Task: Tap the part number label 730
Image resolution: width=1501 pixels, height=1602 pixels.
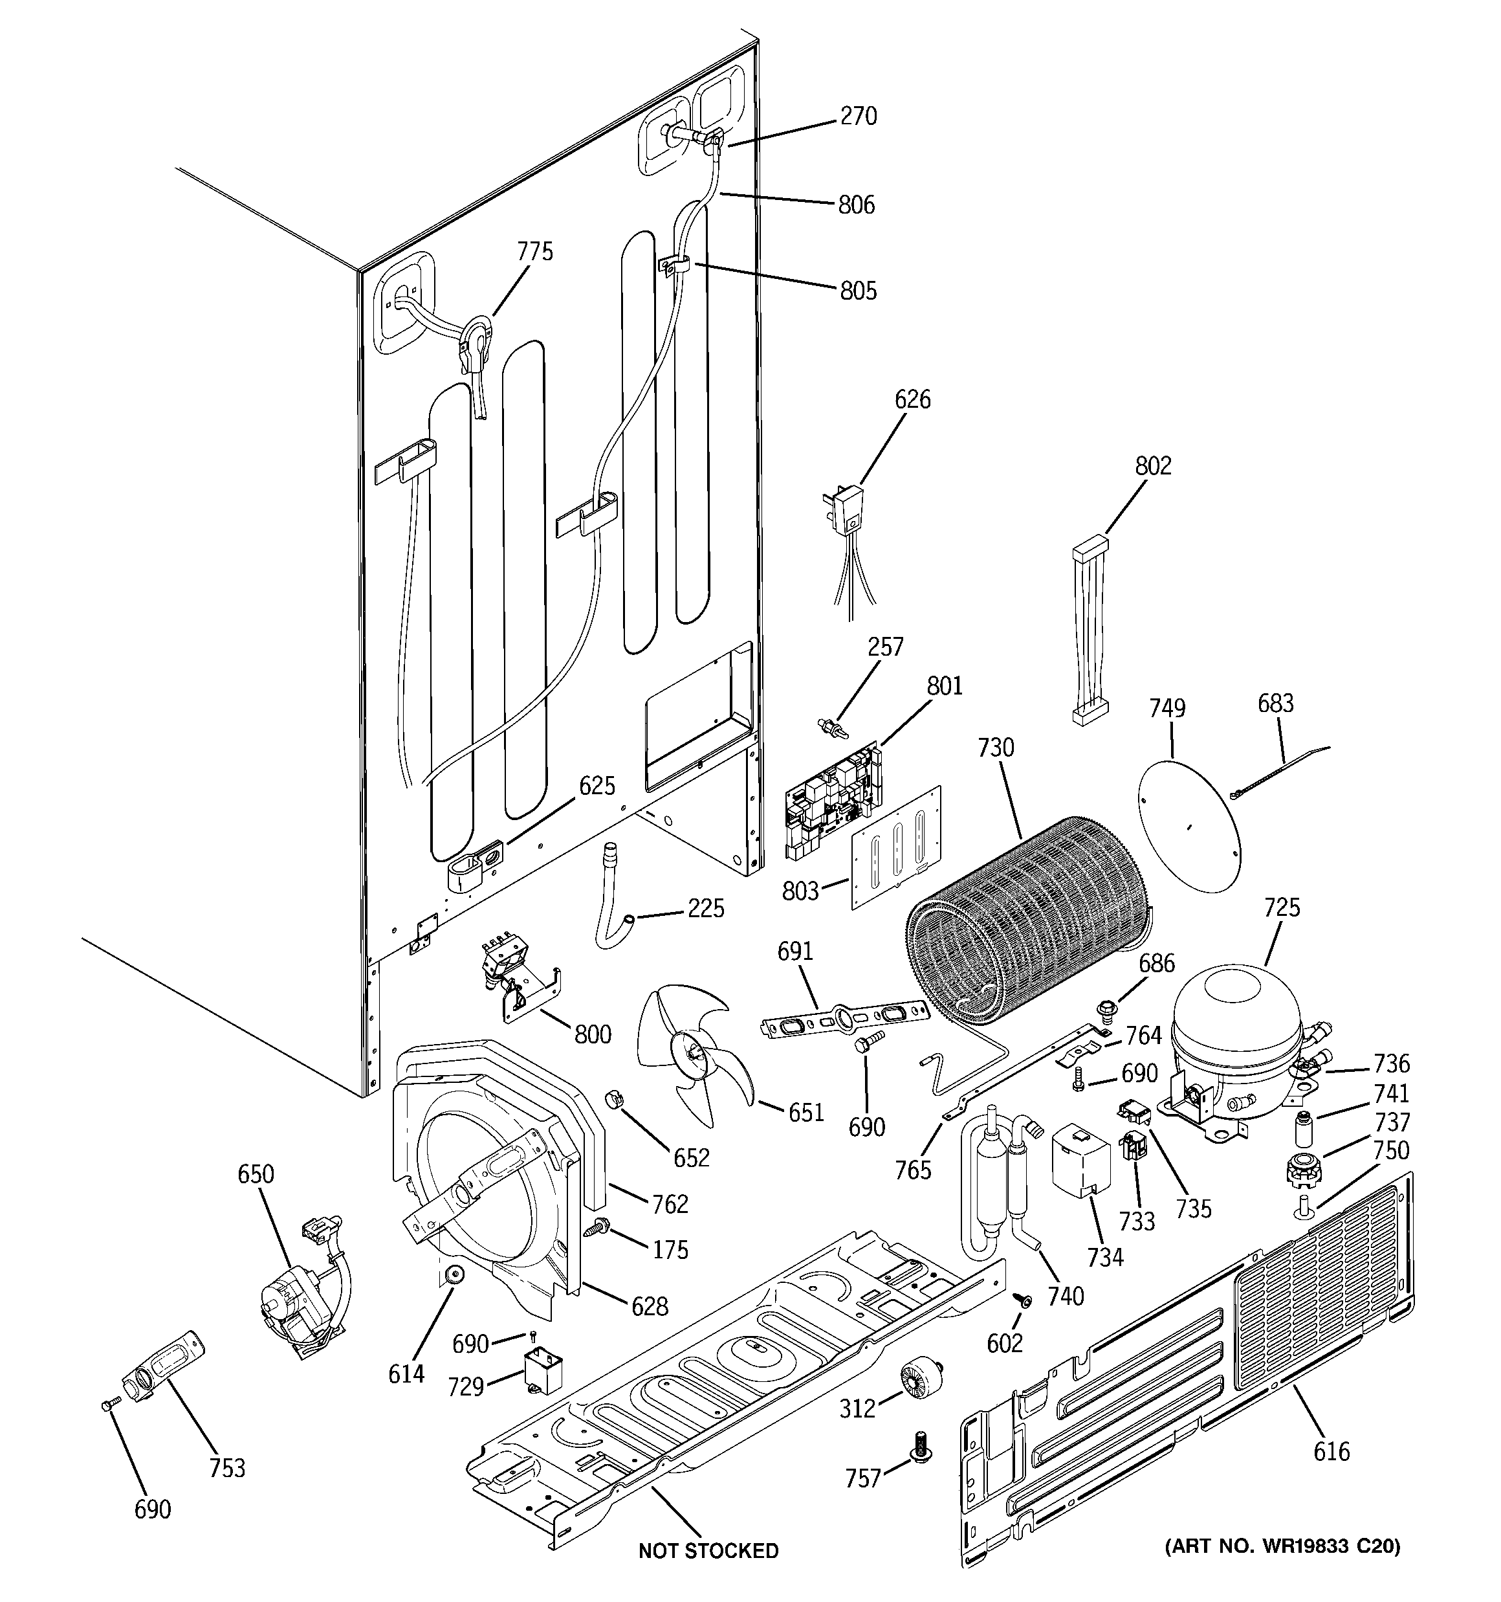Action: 996,748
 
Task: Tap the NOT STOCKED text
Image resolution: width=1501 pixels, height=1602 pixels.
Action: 708,1550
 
